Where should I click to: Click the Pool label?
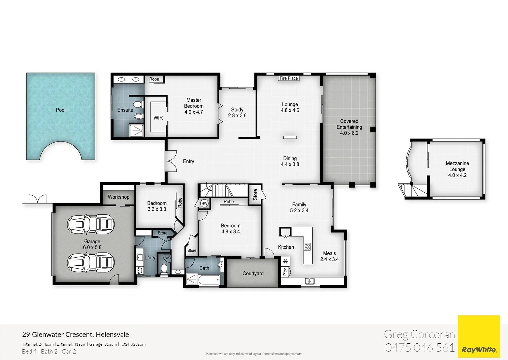click(x=61, y=110)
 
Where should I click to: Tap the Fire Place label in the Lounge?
click(x=289, y=78)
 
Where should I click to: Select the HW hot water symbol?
click(x=204, y=203)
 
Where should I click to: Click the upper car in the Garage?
click(x=91, y=224)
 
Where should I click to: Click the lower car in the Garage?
click(x=91, y=262)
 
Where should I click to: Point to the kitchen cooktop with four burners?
click(x=307, y=247)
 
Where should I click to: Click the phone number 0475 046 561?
click(x=420, y=348)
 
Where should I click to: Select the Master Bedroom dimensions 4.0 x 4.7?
click(x=194, y=112)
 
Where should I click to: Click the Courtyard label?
click(x=253, y=274)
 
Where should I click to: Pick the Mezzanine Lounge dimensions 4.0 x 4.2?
click(x=457, y=175)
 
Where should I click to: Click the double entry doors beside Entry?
click(x=171, y=161)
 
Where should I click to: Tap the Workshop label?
click(x=118, y=197)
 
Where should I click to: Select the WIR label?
click(x=158, y=118)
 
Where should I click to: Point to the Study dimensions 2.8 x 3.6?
click(x=237, y=116)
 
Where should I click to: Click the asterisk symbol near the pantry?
click(x=285, y=262)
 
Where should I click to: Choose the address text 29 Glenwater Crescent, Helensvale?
click(x=76, y=335)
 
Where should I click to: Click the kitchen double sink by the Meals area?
click(x=310, y=281)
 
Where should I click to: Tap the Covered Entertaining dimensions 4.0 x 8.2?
click(x=349, y=133)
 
